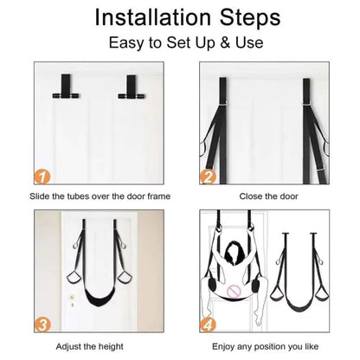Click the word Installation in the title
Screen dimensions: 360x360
click(x=153, y=17)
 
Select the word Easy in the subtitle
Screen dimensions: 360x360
click(x=126, y=43)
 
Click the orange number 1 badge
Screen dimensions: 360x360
click(x=42, y=177)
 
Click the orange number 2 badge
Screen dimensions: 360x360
click(x=208, y=177)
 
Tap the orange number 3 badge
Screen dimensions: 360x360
click(x=42, y=325)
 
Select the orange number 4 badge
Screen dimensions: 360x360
click(x=208, y=325)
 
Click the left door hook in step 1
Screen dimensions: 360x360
click(x=66, y=87)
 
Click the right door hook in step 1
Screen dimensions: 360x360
click(x=132, y=87)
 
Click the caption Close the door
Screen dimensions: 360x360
click(x=268, y=196)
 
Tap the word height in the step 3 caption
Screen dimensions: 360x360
click(x=111, y=346)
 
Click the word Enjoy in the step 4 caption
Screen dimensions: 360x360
click(x=223, y=346)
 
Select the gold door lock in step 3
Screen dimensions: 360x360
click(x=72, y=300)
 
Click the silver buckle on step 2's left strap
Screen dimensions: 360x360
click(x=223, y=104)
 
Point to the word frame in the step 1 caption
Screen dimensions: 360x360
click(x=158, y=196)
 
